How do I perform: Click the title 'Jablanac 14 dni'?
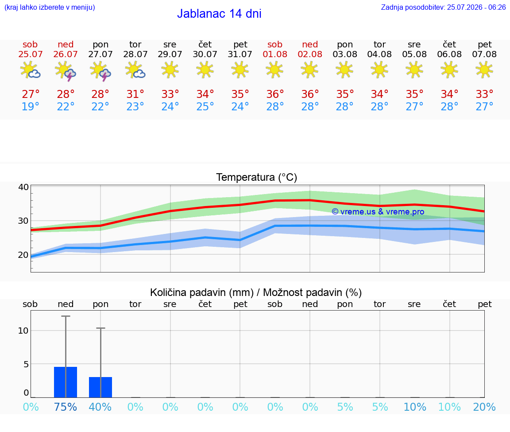click(x=219, y=13)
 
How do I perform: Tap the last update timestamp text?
click(x=443, y=7)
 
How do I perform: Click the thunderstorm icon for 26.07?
click(x=66, y=71)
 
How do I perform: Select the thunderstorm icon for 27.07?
click(x=100, y=71)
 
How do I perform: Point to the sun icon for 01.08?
click(x=275, y=70)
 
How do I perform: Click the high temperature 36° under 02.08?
click(x=310, y=94)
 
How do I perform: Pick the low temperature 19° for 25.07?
click(x=30, y=106)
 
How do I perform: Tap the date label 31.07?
click(x=240, y=54)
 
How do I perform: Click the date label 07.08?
click(x=484, y=54)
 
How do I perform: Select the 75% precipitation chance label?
click(x=66, y=407)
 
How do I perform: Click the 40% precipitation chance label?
click(x=100, y=407)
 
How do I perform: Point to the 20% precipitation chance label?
click(x=484, y=407)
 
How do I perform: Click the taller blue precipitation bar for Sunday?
click(x=66, y=382)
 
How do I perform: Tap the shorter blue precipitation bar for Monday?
click(x=100, y=387)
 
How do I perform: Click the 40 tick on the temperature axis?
click(x=23, y=187)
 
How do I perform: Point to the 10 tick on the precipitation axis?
click(x=23, y=331)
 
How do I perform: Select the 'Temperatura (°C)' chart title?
click(x=257, y=177)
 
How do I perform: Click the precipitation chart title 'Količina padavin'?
click(x=202, y=292)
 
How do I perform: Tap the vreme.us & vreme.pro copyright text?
click(x=378, y=212)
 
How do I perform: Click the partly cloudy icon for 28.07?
click(x=135, y=70)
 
